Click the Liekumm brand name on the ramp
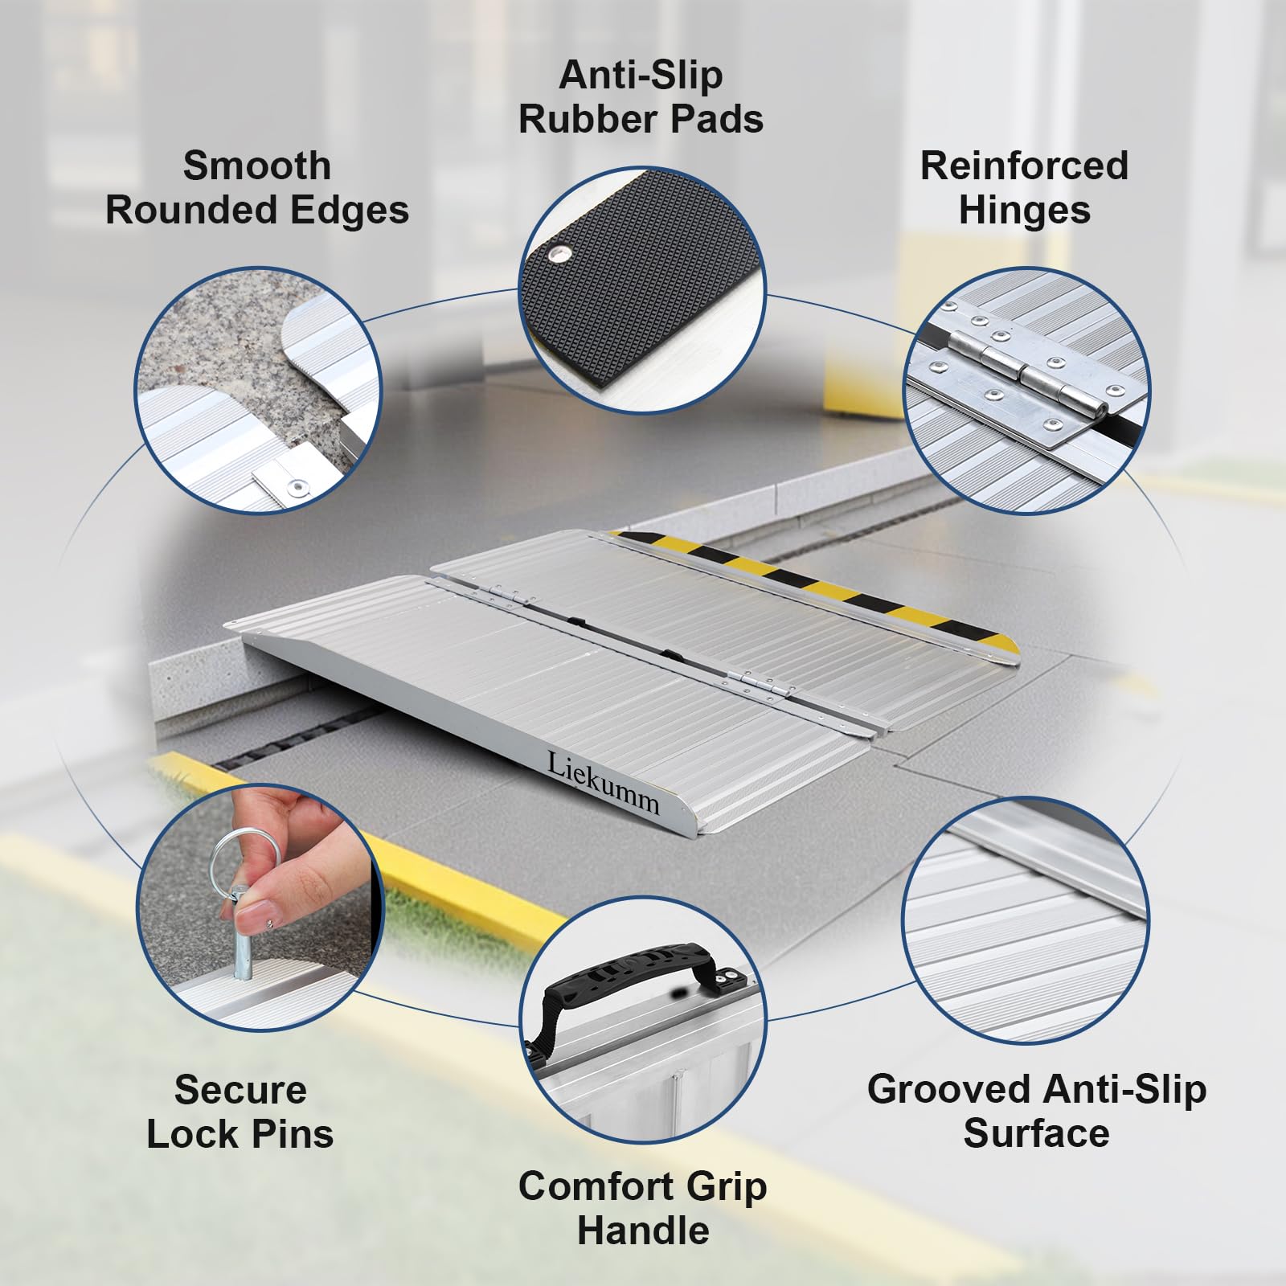pyautogui.click(x=603, y=783)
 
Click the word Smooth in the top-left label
pyautogui.click(x=256, y=166)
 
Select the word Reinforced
pyautogui.click(x=1024, y=166)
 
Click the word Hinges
pyautogui.click(x=1024, y=210)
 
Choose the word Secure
pyautogui.click(x=240, y=1090)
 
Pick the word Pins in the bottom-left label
pyautogui.click(x=297, y=1134)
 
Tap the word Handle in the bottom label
pyautogui.click(x=643, y=1231)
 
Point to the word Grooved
pyautogui.click(x=935, y=1090)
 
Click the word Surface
pyautogui.click(x=1036, y=1134)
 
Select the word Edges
pyautogui.click(x=347, y=210)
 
